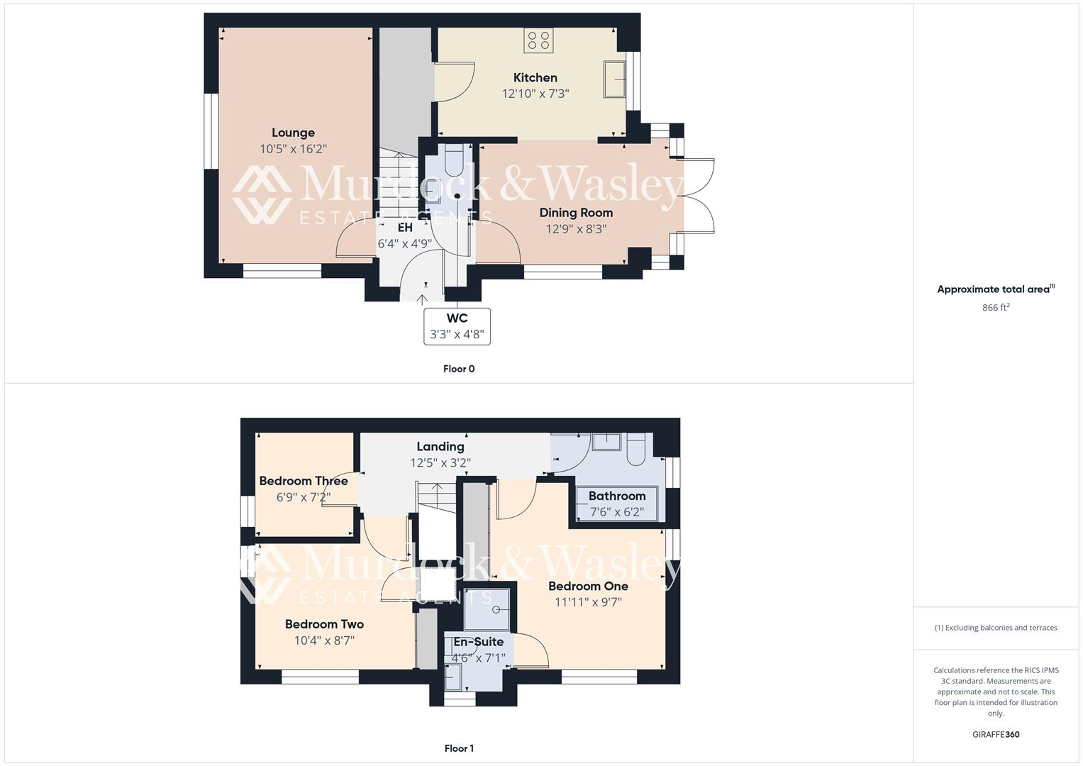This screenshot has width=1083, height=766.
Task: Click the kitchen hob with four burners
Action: click(538, 40)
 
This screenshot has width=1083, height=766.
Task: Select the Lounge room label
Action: click(293, 133)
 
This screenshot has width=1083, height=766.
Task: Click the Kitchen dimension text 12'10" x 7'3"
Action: click(535, 94)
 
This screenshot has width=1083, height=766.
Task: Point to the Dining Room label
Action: click(576, 213)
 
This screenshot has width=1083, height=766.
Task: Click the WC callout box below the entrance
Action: click(457, 326)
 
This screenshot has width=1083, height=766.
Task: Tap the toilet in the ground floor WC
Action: click(453, 160)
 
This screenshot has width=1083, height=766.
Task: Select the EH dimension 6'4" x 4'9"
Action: click(404, 244)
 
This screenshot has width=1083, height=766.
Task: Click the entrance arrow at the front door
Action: click(424, 300)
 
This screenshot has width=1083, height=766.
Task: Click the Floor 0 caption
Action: click(459, 369)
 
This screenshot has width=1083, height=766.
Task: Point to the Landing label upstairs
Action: click(440, 447)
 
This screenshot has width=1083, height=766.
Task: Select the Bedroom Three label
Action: click(304, 481)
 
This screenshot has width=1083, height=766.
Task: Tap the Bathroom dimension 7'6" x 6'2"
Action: click(617, 511)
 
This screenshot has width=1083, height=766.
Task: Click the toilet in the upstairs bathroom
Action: click(635, 448)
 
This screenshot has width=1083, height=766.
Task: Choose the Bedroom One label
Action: click(588, 587)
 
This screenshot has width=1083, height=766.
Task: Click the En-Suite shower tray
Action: click(487, 609)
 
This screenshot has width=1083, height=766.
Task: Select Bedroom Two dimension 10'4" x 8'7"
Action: click(324, 640)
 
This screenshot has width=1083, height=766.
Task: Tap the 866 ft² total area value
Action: click(996, 308)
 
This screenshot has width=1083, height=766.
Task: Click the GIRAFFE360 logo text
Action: click(996, 735)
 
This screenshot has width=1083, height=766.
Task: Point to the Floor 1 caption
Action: click(459, 748)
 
